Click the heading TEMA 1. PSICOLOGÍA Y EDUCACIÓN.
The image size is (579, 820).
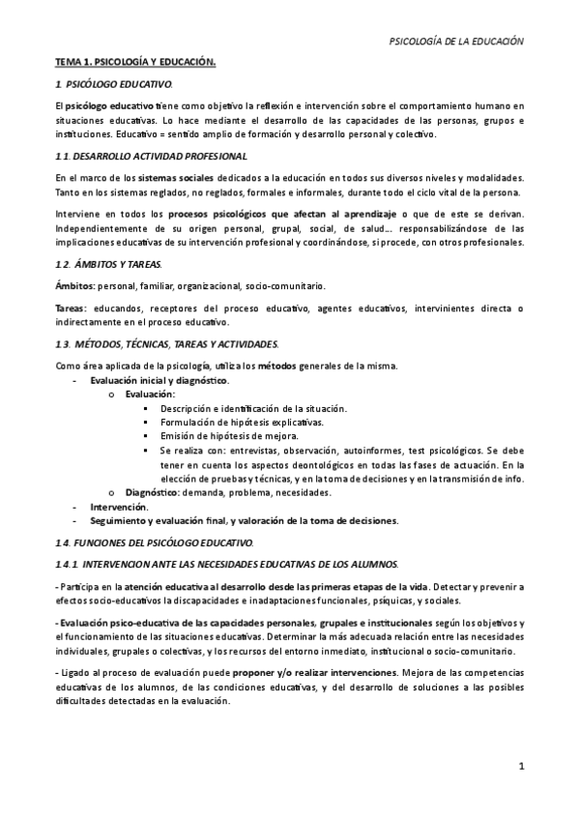pyautogui.click(x=134, y=63)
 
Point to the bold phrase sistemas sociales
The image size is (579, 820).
pyautogui.click(x=173, y=178)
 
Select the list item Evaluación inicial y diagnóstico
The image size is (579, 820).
pyautogui.click(x=159, y=380)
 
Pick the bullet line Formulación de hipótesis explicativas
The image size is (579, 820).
pyautogui.click(x=243, y=423)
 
